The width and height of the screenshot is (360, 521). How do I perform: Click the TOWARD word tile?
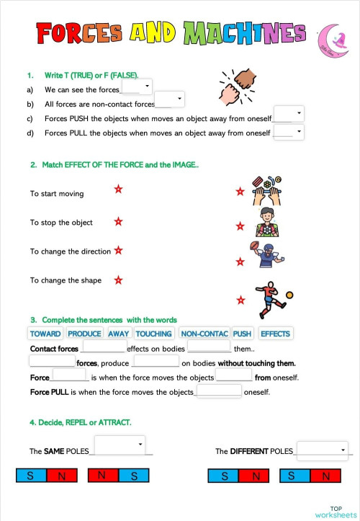(45, 334)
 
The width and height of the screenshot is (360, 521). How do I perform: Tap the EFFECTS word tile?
(275, 334)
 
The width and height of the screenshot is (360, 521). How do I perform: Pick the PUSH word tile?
(243, 334)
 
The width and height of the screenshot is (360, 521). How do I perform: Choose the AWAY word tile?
(119, 334)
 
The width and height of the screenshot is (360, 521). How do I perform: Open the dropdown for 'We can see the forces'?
(137, 86)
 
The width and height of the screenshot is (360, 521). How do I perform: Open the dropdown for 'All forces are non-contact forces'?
(170, 99)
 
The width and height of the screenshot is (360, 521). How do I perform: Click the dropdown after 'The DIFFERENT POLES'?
(322, 450)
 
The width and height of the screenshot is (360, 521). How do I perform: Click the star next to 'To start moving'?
(118, 189)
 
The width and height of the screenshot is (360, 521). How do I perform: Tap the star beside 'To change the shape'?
(118, 280)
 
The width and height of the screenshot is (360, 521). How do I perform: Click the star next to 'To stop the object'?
(118, 222)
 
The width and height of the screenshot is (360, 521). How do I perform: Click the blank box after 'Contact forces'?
(104, 347)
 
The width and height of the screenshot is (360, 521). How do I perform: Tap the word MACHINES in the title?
(244, 32)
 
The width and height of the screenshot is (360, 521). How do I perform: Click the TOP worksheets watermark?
(336, 512)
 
